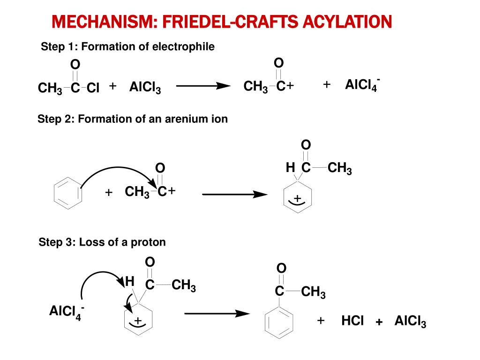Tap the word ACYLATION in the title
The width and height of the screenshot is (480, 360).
347,22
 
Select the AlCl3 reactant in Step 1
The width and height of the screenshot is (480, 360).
145,87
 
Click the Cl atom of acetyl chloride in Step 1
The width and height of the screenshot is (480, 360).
93,88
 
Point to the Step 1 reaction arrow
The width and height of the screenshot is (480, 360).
203,86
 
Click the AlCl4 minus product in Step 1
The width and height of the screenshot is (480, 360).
362,85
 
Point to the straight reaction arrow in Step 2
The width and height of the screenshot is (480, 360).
234,194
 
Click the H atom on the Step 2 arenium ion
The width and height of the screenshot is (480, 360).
290,167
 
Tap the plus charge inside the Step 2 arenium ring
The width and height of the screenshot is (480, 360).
297,199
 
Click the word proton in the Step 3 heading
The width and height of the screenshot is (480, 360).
148,242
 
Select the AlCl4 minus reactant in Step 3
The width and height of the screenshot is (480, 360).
67,312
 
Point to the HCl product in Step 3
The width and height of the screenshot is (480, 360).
352,321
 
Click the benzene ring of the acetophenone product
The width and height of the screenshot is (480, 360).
279,322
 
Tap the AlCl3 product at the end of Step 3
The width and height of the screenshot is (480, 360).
410,321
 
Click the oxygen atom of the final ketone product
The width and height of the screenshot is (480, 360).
281,268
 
